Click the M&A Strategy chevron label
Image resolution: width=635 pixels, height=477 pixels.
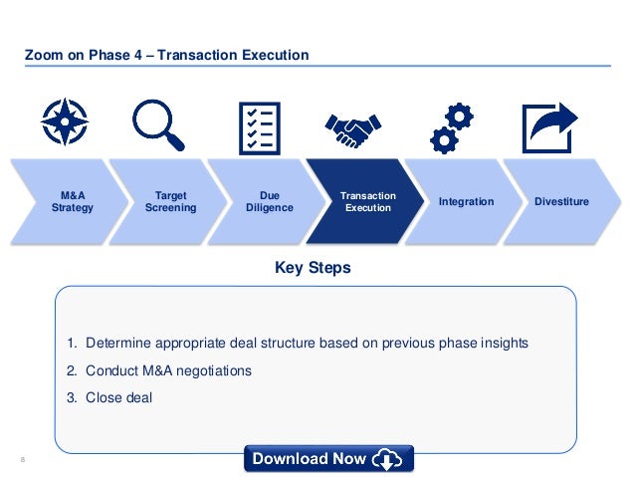(72, 202)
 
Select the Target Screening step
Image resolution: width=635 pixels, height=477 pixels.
(170, 202)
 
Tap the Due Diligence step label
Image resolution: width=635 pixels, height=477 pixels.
(269, 202)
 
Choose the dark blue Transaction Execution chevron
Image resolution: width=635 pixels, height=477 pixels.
(367, 202)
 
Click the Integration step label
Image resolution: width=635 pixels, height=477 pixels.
(466, 202)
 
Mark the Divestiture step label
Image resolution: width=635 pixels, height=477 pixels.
(562, 202)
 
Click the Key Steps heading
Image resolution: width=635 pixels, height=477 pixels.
(312, 269)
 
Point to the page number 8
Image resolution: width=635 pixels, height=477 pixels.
(22, 459)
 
